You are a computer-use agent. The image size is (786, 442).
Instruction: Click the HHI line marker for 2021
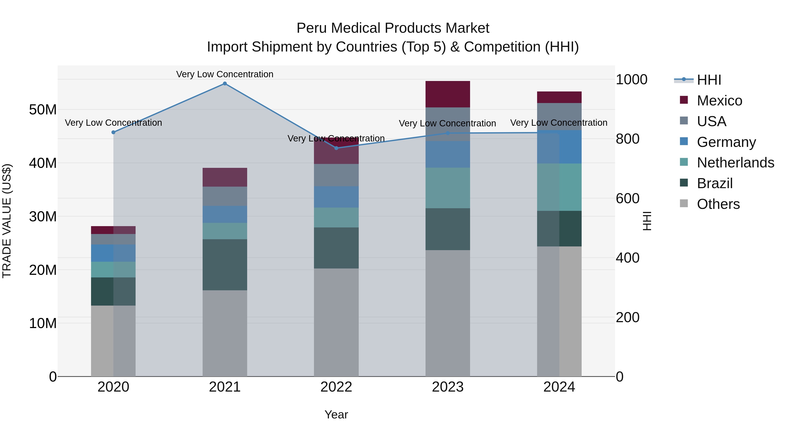(x=225, y=84)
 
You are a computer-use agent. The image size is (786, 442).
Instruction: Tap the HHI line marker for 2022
(x=336, y=148)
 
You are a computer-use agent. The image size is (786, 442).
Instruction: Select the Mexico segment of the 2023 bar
(x=448, y=94)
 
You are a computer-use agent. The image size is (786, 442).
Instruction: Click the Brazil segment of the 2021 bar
(x=225, y=265)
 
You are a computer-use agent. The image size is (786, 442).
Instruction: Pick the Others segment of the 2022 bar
(x=336, y=322)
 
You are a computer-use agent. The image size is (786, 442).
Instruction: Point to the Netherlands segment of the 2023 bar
(x=448, y=188)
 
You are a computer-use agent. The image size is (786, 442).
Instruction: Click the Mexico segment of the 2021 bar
(x=225, y=177)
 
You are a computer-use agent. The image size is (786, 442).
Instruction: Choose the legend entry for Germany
(x=726, y=142)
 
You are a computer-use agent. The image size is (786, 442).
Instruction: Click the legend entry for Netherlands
(x=735, y=163)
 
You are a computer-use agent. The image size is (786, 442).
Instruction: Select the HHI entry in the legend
(x=709, y=80)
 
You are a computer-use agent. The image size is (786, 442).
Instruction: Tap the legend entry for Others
(x=718, y=204)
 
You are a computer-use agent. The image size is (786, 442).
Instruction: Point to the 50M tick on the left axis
(x=43, y=110)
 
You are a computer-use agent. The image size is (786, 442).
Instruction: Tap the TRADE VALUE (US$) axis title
(x=7, y=221)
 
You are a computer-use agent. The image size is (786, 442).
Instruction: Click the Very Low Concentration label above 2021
(x=225, y=74)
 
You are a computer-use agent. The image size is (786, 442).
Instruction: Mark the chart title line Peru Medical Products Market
(x=393, y=28)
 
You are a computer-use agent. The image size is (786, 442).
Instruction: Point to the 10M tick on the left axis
(x=43, y=323)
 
